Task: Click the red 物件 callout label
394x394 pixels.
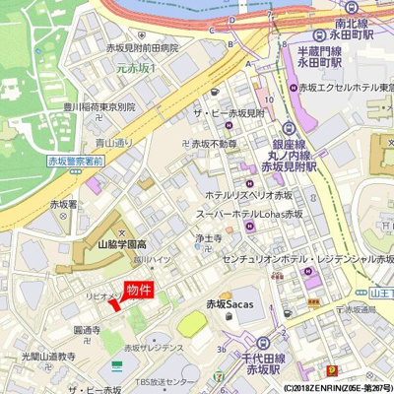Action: click(x=139, y=290)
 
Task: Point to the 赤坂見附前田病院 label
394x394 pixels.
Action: click(x=142, y=47)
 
